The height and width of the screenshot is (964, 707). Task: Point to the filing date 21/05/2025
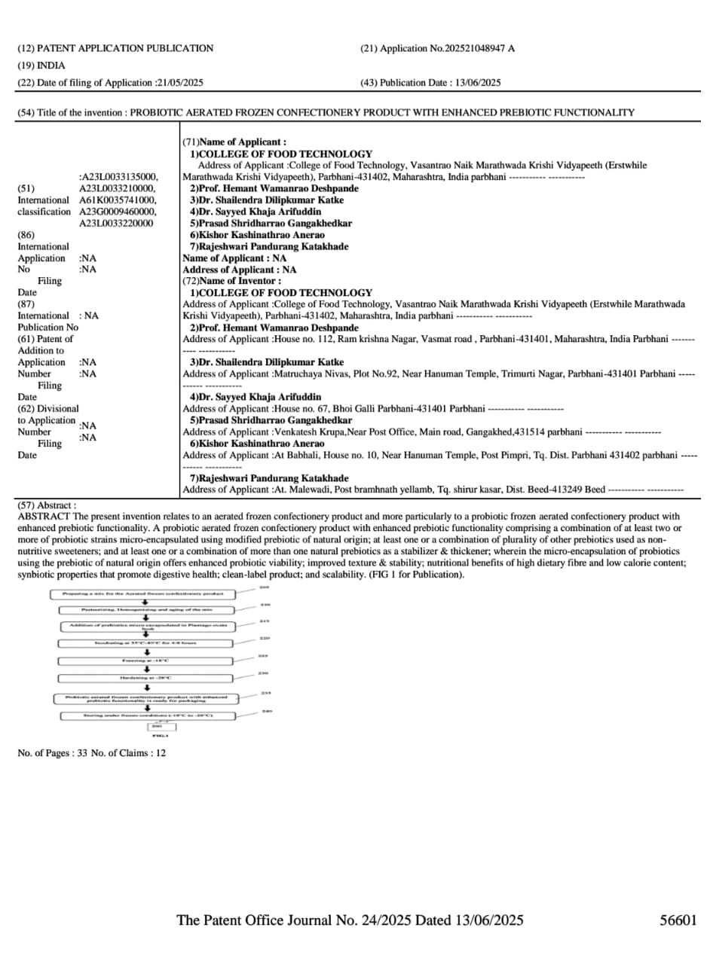179,83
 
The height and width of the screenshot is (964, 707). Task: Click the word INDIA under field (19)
51,66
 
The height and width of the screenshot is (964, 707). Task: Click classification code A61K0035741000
118,200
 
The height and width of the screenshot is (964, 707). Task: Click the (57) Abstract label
47,505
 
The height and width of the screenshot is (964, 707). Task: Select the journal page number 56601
678,920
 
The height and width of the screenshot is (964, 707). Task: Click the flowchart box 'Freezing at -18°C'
146,660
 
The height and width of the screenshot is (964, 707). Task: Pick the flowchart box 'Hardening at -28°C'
146,678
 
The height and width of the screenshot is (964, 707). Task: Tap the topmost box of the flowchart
146,594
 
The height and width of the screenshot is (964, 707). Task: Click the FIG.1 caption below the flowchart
161,736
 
